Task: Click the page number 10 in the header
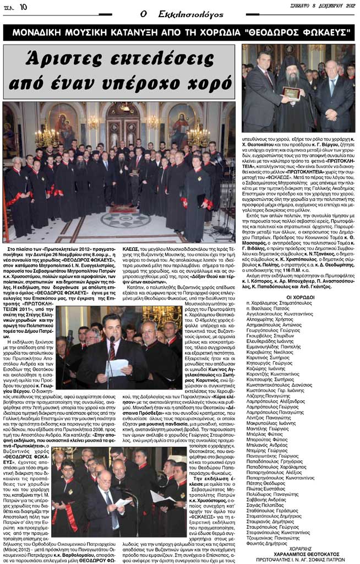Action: [x=23, y=7]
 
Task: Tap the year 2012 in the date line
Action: [x=346, y=7]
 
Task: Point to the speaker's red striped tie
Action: [x=112, y=352]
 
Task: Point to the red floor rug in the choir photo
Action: [x=124, y=209]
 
